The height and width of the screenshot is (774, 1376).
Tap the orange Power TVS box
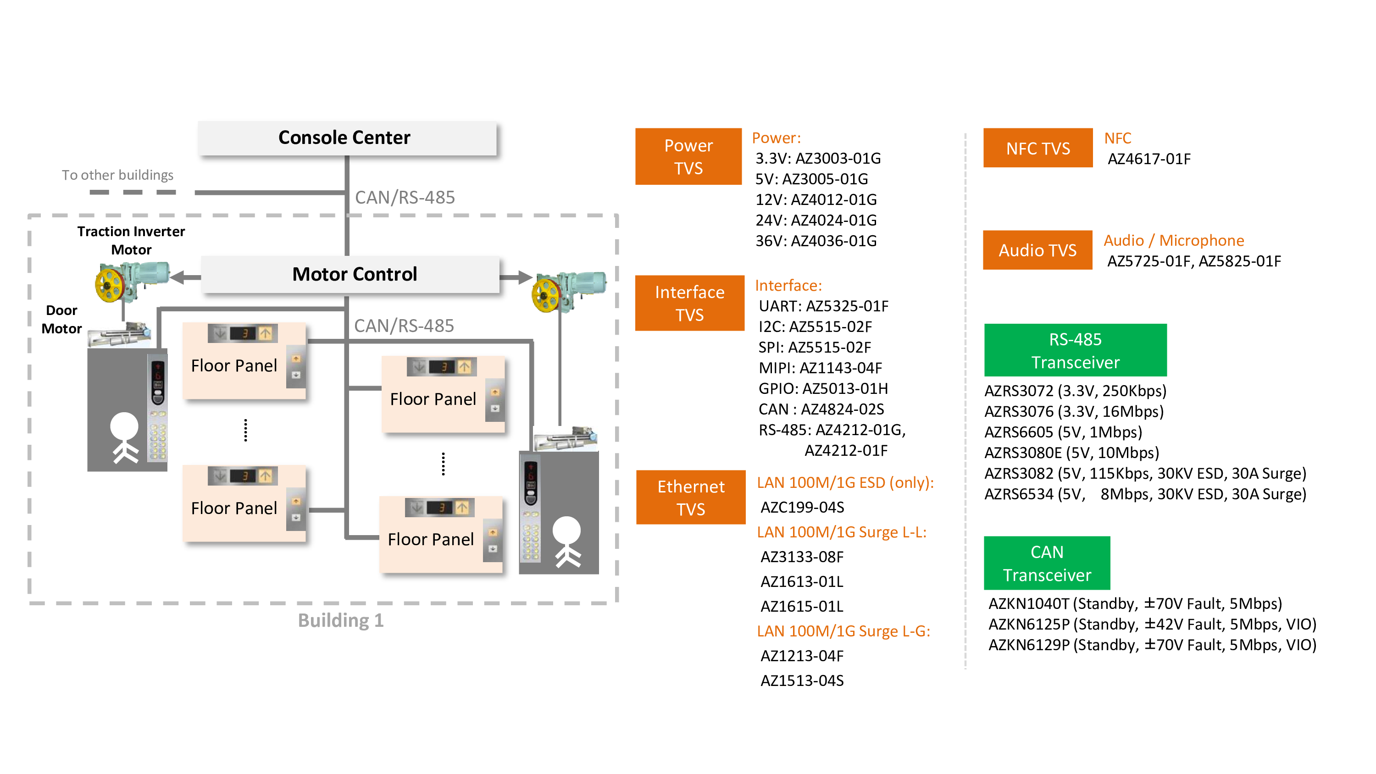(688, 156)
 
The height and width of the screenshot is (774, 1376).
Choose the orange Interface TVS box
(689, 304)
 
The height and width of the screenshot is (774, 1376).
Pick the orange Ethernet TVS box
(690, 498)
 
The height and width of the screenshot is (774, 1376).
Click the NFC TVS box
(1038, 148)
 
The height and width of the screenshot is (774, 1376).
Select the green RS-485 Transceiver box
(1075, 350)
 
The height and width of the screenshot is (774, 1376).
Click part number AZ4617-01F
(1149, 159)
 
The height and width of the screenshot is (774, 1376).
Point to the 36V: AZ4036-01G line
(816, 241)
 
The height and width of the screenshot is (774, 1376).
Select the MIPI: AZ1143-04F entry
(820, 368)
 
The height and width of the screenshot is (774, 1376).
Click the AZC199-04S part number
(802, 507)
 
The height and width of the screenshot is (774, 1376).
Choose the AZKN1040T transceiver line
(1135, 603)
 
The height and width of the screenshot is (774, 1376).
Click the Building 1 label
(340, 620)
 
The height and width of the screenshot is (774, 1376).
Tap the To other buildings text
(117, 175)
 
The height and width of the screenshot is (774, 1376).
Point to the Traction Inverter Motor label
(131, 240)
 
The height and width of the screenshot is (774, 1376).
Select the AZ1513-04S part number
(802, 680)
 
